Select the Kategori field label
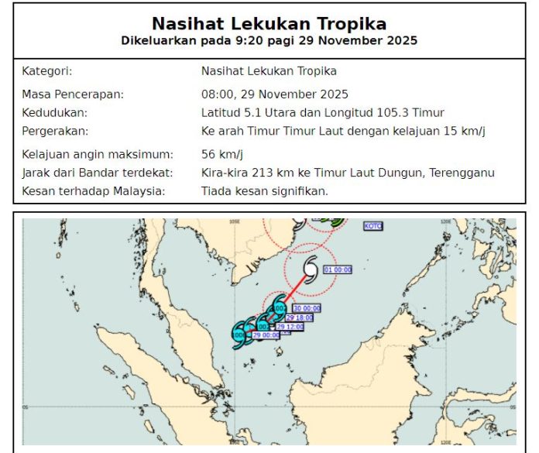[x=46, y=71]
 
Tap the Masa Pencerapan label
[x=73, y=94]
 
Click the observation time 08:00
[x=218, y=94]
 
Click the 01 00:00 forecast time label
[x=337, y=269]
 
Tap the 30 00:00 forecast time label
[x=307, y=307]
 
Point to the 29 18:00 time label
[x=300, y=317]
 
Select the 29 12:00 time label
[x=290, y=327]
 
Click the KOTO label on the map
[x=372, y=226]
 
